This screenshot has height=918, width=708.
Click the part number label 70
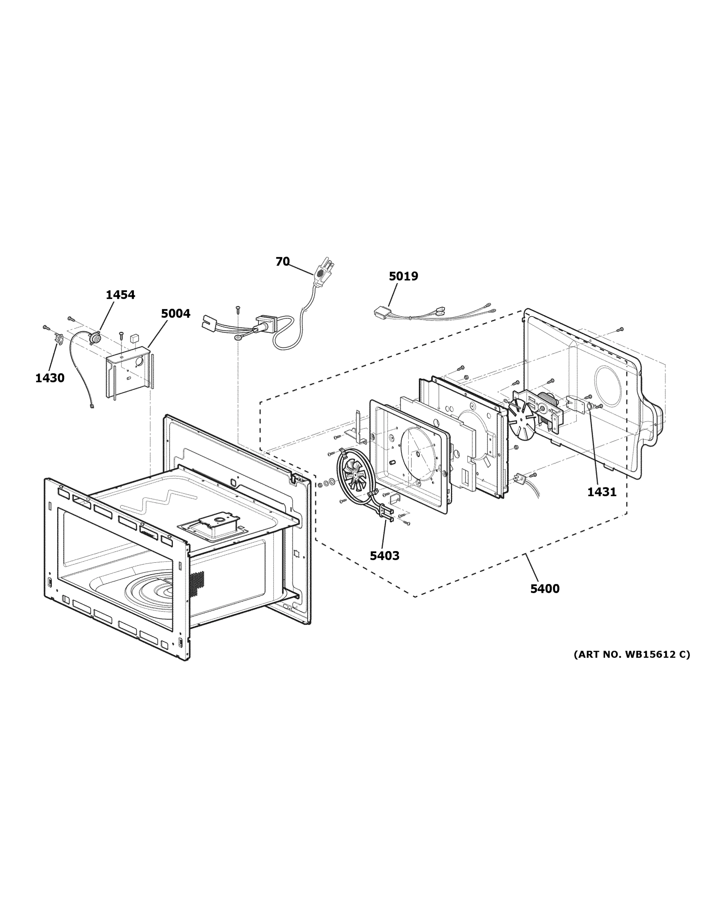(x=282, y=262)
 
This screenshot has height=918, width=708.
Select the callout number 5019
(x=403, y=276)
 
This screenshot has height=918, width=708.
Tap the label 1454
(x=120, y=295)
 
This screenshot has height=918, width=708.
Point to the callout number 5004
(x=175, y=314)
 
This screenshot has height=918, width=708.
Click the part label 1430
(x=50, y=378)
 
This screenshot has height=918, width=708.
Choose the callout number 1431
(x=602, y=492)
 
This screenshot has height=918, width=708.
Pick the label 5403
(x=384, y=556)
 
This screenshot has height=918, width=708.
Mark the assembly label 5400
(x=545, y=589)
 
